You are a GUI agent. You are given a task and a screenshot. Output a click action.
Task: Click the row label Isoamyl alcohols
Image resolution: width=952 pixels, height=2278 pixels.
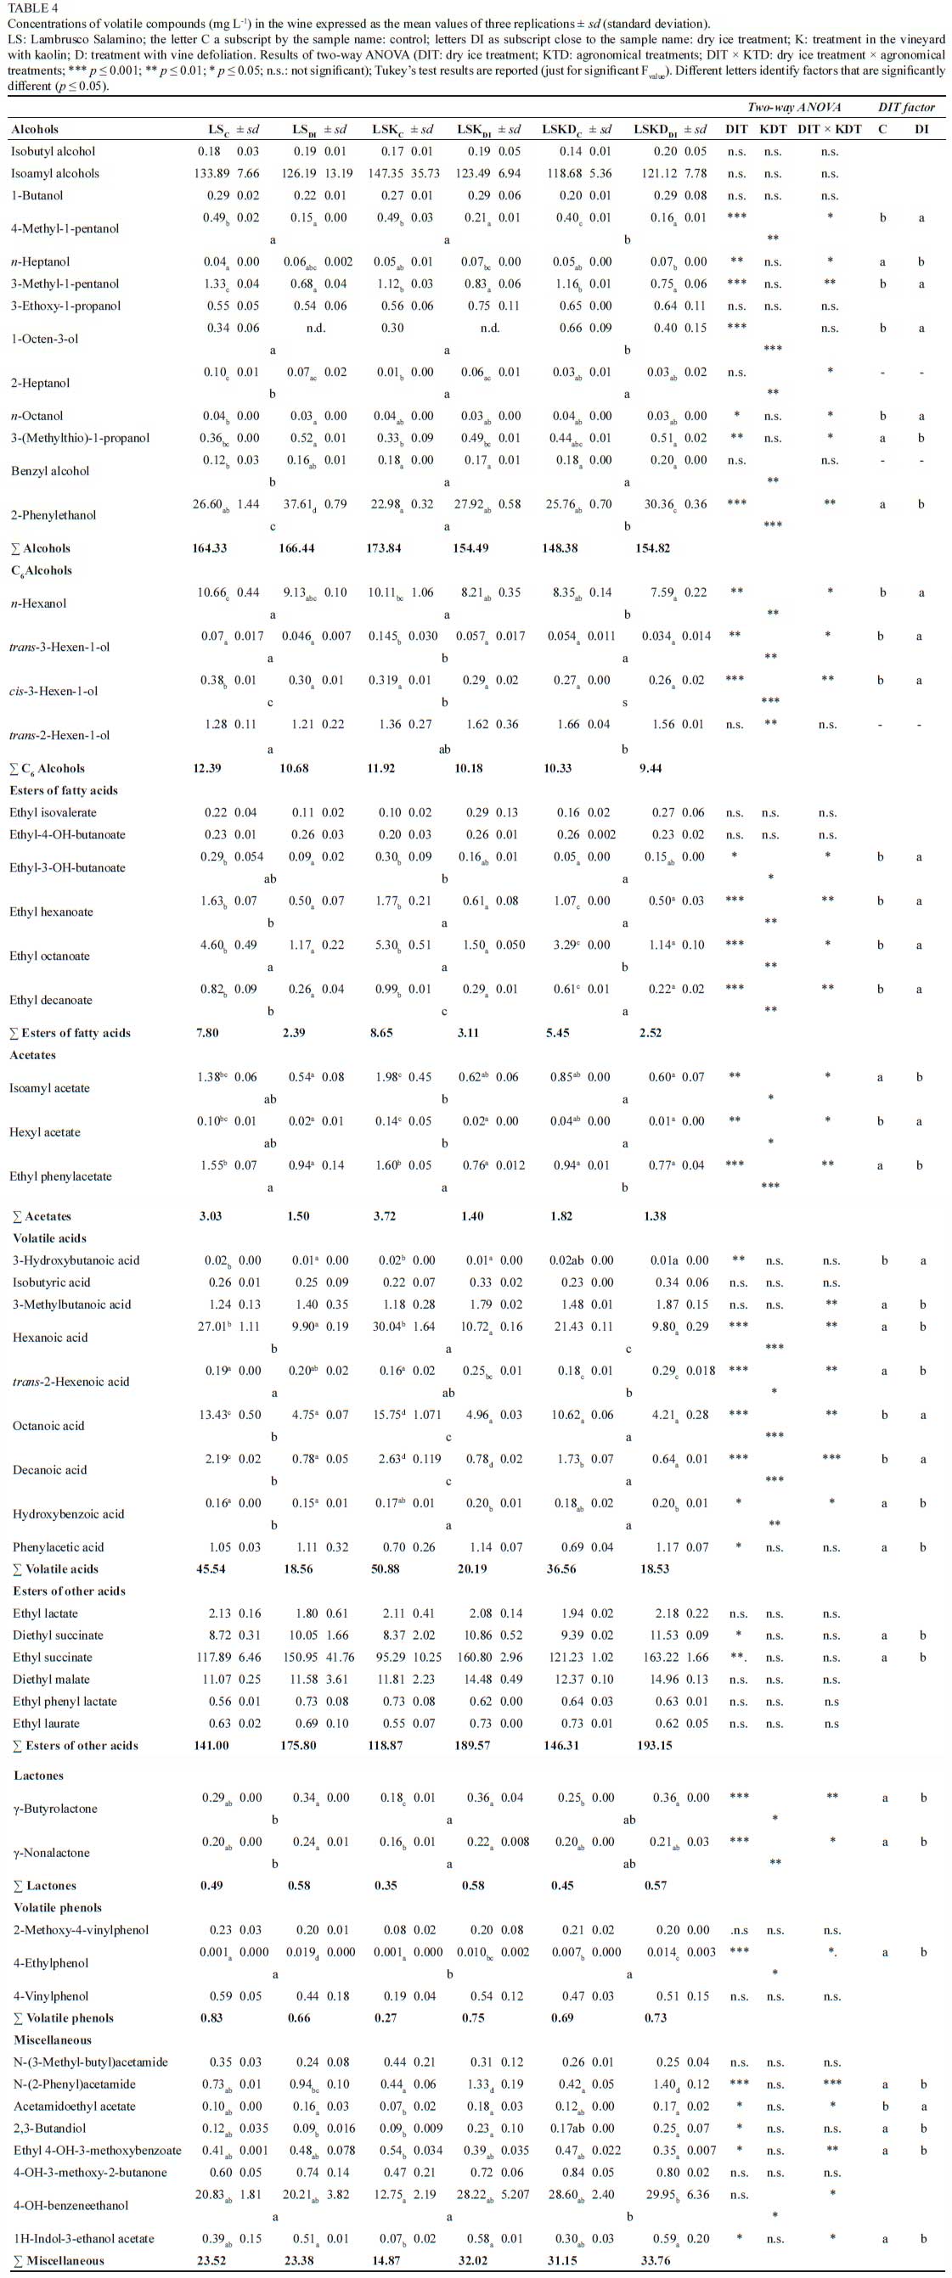point(55,173)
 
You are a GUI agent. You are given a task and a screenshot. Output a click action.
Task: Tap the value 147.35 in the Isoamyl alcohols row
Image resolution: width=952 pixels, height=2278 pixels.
point(385,173)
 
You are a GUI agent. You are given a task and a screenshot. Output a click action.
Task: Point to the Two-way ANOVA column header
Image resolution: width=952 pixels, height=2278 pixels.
point(794,107)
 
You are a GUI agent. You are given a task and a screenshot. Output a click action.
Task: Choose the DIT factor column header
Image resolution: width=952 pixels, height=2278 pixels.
point(905,107)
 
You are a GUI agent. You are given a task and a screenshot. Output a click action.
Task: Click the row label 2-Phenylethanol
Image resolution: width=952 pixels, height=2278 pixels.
point(54,514)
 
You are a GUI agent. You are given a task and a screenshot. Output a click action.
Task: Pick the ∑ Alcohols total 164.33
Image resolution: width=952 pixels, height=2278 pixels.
point(210,548)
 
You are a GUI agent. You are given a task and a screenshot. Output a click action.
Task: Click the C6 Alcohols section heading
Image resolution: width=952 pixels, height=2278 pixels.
point(42,570)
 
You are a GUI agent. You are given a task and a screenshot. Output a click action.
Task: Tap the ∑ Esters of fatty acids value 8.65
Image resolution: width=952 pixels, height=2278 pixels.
point(381,1033)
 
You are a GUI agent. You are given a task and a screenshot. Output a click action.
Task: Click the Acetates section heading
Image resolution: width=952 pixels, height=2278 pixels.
point(33,1055)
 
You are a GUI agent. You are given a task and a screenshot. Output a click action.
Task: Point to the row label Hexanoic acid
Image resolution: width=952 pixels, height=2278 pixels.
point(50,1337)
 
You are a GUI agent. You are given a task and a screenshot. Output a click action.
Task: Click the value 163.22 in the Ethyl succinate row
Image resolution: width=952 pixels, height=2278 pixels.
point(655,1658)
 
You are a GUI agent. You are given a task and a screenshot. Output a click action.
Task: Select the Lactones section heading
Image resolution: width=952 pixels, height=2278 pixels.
point(39,1775)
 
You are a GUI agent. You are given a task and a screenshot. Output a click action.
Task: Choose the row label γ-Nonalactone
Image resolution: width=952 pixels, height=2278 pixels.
point(51,1852)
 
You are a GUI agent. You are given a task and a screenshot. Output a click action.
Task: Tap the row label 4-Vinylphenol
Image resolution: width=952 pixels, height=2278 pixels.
point(51,1996)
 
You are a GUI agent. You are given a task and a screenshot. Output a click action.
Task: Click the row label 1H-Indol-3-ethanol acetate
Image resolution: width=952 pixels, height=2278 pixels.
point(84,2238)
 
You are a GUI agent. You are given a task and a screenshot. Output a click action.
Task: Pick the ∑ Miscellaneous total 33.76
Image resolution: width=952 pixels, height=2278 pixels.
point(656,2260)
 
